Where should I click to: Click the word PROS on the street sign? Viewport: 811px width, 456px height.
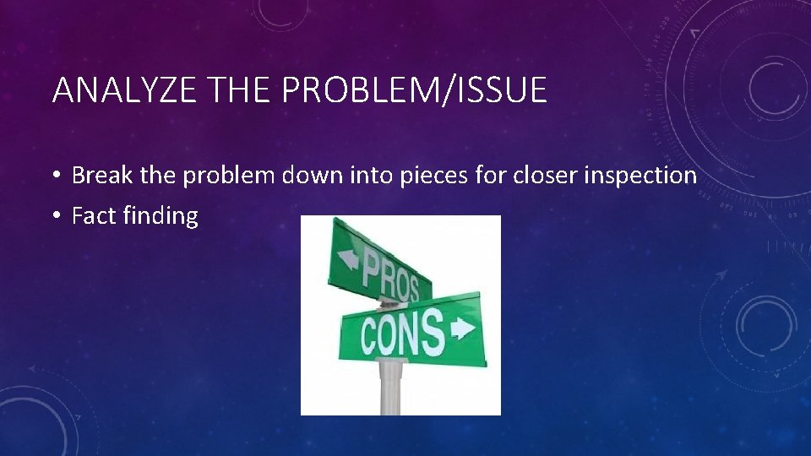pyautogui.click(x=389, y=276)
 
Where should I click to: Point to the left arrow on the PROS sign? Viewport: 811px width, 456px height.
pyautogui.click(x=347, y=258)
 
